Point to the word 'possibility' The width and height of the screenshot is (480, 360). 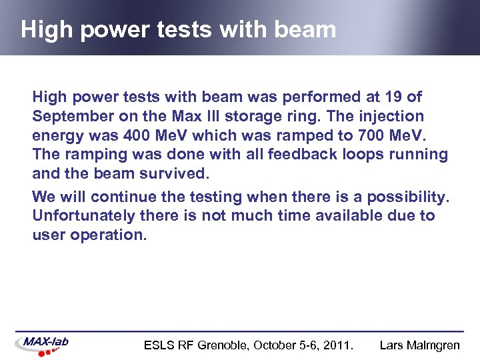[x=407, y=197]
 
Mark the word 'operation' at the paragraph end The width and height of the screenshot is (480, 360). [x=107, y=235]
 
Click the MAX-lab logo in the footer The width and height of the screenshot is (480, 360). [x=43, y=344]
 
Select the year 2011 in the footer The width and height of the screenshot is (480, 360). [x=338, y=345]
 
